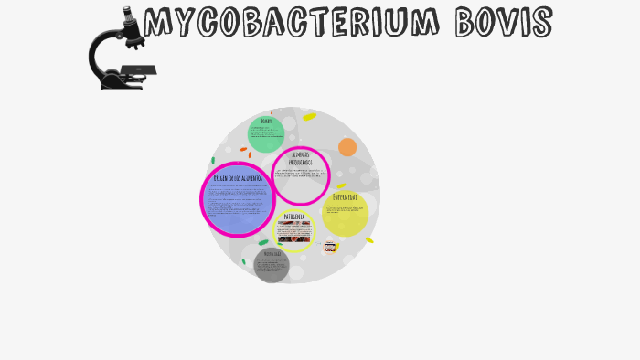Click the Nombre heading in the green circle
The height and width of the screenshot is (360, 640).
pyautogui.click(x=266, y=122)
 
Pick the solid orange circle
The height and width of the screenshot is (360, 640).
pyautogui.click(x=347, y=147)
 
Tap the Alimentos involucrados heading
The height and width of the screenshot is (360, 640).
pyautogui.click(x=300, y=158)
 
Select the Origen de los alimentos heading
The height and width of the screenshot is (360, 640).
pyautogui.click(x=238, y=178)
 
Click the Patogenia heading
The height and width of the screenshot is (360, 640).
pyautogui.click(x=294, y=217)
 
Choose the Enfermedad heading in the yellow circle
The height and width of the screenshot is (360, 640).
pyautogui.click(x=345, y=197)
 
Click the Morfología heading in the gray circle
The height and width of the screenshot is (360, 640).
pyautogui.click(x=272, y=253)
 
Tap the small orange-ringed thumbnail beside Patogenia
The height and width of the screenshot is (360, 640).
pyautogui.click(x=330, y=246)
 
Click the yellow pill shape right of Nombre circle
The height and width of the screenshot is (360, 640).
pyautogui.click(x=309, y=117)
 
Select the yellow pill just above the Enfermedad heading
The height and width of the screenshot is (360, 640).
pyautogui.click(x=341, y=186)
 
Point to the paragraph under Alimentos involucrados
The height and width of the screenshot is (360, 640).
pyautogui.click(x=301, y=175)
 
